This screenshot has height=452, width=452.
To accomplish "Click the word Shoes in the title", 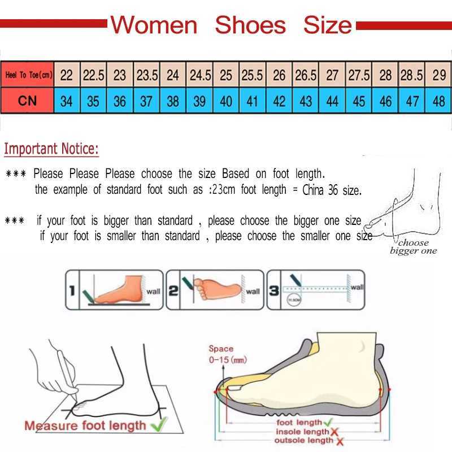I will point(250,25).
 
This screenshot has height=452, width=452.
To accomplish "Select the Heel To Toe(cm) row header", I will point(28,75).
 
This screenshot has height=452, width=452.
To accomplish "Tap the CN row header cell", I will point(28,101).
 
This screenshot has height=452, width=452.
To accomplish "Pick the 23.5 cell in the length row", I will point(146,75).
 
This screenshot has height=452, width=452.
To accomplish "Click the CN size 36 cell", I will point(120,102).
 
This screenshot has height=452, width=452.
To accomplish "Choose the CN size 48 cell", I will point(438,102).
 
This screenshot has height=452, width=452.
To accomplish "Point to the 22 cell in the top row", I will point(67,75).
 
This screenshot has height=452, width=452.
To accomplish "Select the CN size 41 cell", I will point(253,102).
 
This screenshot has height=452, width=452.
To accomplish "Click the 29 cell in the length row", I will point(438,75).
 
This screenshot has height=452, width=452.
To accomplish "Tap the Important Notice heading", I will point(51,149).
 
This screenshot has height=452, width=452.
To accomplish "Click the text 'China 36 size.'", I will point(331,190).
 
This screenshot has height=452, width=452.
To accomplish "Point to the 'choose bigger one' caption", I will point(413,247).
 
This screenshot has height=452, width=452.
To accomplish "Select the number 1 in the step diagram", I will point(72,292).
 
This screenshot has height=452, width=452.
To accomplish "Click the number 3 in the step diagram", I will point(274,292).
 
